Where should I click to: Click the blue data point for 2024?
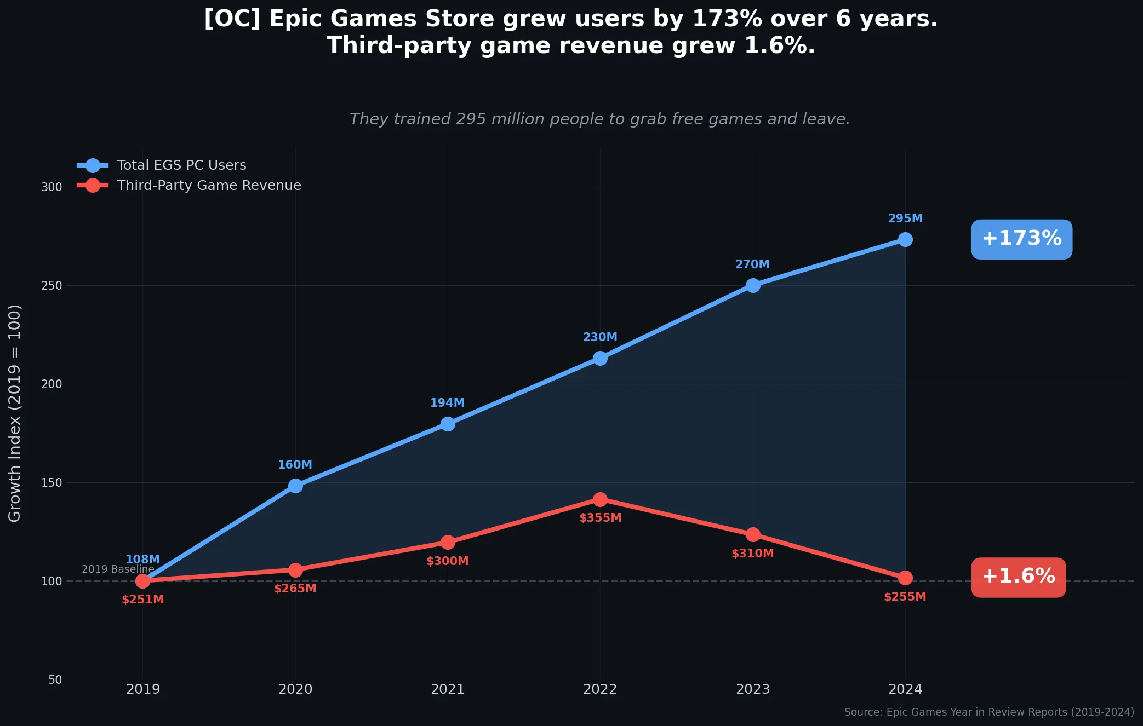[x=905, y=240]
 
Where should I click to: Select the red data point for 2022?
[x=600, y=499]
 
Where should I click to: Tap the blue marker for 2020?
[x=295, y=486]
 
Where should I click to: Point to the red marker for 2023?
[x=753, y=534]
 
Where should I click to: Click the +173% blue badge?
[x=1021, y=239]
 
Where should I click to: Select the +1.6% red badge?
[x=1018, y=577]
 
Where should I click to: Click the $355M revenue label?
[x=600, y=518]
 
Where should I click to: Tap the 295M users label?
[x=905, y=218]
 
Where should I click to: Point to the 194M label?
[x=447, y=403]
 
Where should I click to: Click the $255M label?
[x=905, y=597]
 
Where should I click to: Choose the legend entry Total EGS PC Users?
[x=181, y=165]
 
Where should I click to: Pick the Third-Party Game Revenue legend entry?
[x=209, y=186]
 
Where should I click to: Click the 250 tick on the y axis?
[x=52, y=286]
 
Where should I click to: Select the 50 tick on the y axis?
[x=55, y=680]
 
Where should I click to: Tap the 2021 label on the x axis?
[x=447, y=689]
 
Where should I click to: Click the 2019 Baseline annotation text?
[x=118, y=569]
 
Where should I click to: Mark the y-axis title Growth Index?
[x=15, y=413]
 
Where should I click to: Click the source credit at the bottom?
[x=988, y=712]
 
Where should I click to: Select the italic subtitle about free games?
[x=599, y=119]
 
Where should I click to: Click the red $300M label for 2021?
[x=447, y=561]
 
